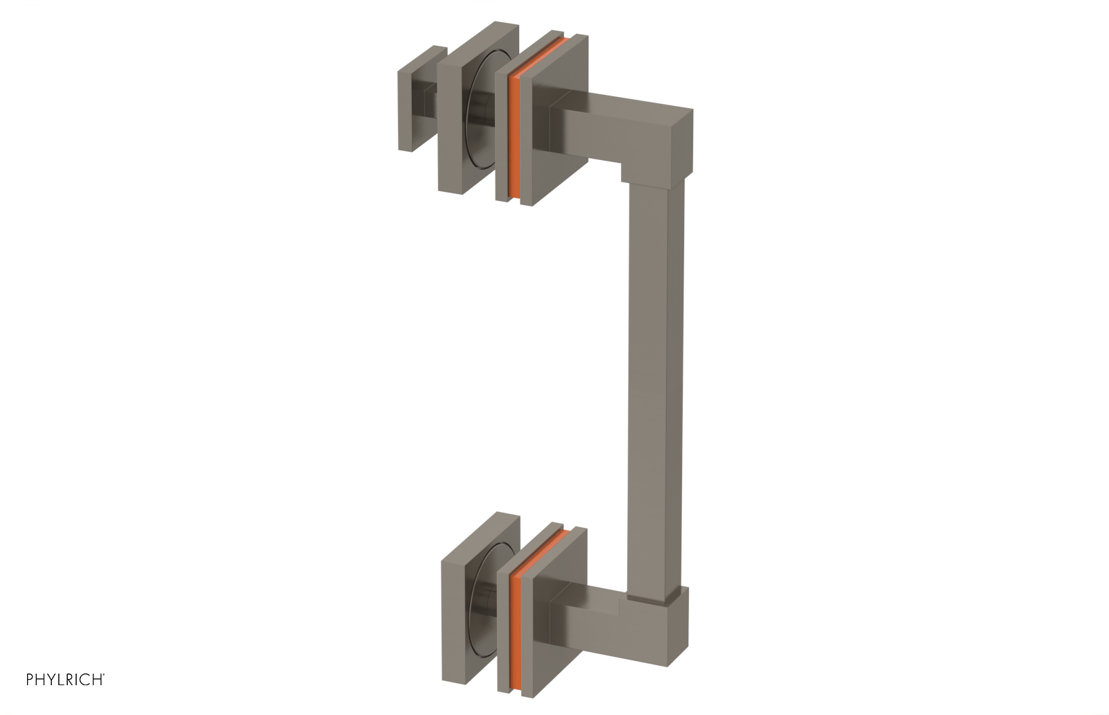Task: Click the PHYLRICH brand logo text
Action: (x=65, y=679)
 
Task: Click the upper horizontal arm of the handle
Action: (x=610, y=132)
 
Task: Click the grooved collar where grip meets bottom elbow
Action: (x=652, y=594)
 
